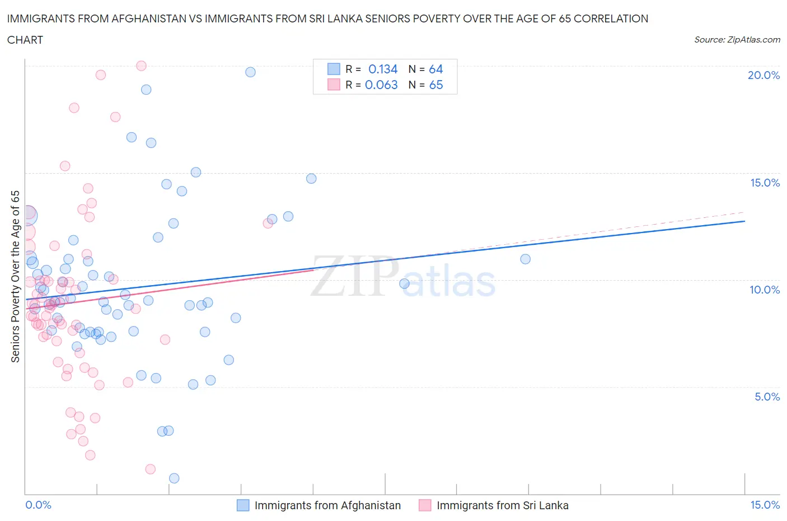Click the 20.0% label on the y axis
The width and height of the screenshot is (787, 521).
click(763, 75)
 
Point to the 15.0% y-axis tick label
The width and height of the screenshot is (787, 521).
click(765, 183)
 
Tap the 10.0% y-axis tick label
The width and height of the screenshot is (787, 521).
click(765, 290)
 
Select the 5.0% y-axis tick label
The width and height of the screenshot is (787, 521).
click(767, 397)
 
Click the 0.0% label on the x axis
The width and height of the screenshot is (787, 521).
click(38, 505)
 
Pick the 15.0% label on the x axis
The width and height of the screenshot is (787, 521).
click(765, 505)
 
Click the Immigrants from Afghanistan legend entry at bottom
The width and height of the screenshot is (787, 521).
click(327, 505)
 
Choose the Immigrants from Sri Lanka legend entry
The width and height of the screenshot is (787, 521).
click(502, 505)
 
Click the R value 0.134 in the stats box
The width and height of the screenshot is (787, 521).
click(383, 69)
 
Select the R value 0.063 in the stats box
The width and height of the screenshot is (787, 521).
click(381, 85)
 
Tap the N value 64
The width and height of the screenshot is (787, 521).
click(435, 69)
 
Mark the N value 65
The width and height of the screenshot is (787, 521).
click(435, 85)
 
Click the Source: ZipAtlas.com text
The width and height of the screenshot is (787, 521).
click(737, 39)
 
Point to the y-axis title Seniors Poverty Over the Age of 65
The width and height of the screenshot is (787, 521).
click(16, 277)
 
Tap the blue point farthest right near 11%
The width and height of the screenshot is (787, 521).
click(525, 259)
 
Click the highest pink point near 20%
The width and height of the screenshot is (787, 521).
click(141, 66)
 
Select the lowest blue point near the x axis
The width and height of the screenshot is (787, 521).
click(174, 478)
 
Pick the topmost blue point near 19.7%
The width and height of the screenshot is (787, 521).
click(250, 72)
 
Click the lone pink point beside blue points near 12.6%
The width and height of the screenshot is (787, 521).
click(268, 223)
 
